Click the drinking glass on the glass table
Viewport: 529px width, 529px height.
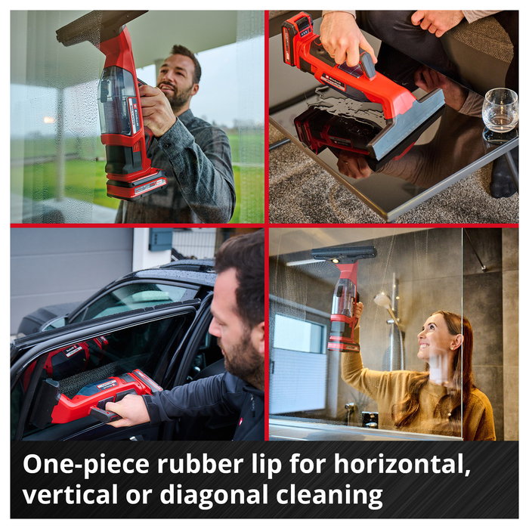[500, 111]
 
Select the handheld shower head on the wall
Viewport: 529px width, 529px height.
[385, 302]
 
